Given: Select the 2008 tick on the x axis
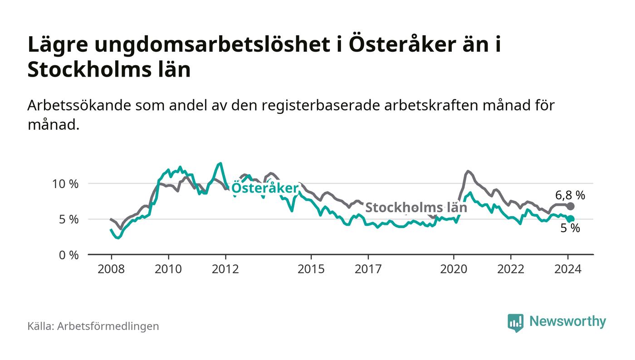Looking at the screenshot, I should click(111, 269).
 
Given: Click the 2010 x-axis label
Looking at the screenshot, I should click(168, 269).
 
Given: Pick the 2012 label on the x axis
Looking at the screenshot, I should click(225, 269).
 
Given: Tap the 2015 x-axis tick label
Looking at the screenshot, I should click(311, 269).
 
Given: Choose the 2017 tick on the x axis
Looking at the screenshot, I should click(368, 269).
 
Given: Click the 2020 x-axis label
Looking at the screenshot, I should click(454, 269).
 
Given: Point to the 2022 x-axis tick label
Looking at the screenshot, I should click(511, 269).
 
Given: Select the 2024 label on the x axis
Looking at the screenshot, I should click(568, 269).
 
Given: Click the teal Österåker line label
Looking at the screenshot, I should click(265, 189).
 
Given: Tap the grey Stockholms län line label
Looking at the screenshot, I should click(416, 208).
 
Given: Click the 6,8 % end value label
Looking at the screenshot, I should click(570, 195).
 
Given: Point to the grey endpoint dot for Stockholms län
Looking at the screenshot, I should click(571, 206).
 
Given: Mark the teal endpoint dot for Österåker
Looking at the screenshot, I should click(571, 219).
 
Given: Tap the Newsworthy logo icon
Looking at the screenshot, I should click(515, 322).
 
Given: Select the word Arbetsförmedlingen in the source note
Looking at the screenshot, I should click(108, 326).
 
